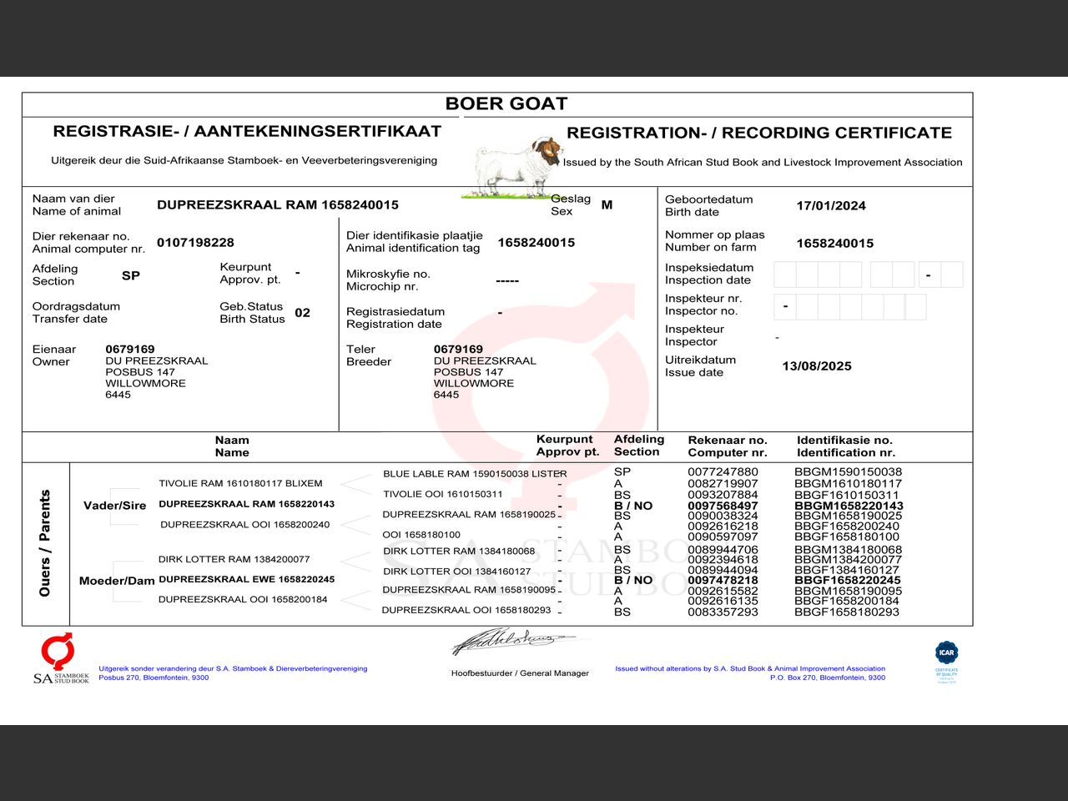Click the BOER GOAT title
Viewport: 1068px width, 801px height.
[x=506, y=103]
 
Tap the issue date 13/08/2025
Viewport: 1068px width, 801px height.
[x=816, y=365]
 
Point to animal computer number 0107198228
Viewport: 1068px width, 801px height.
[x=195, y=242]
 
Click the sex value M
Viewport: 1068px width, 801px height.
[x=607, y=204]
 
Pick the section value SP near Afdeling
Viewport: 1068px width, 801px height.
[x=131, y=275]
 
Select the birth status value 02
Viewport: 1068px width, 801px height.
[x=302, y=313]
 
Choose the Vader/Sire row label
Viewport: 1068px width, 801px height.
[x=115, y=505]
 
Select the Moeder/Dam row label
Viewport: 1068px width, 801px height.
[x=117, y=581]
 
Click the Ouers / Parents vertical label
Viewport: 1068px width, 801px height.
[x=45, y=543]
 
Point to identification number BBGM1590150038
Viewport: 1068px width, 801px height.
[x=848, y=472]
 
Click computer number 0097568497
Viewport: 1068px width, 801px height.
[x=723, y=506]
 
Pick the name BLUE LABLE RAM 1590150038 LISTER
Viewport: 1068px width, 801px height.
[x=475, y=473]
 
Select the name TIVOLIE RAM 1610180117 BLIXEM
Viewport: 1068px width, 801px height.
[x=240, y=483]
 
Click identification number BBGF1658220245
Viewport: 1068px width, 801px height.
[x=848, y=580]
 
